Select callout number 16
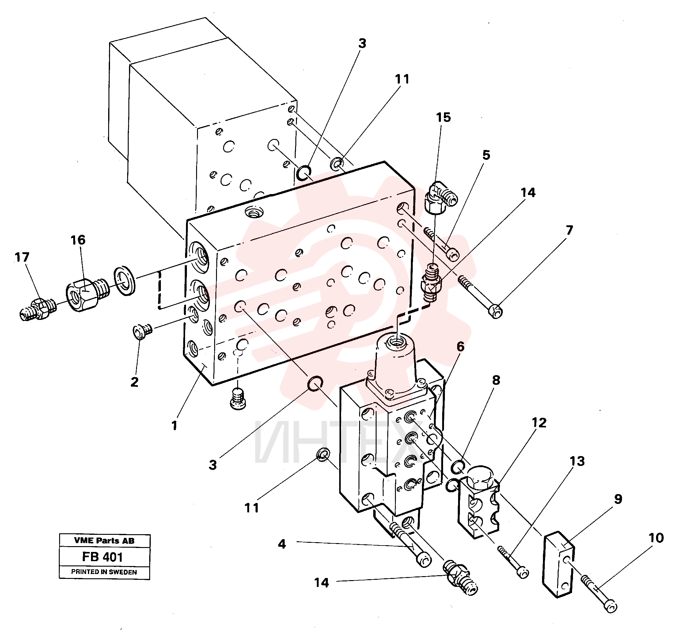[78, 240]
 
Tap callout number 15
[443, 117]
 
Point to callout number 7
[569, 230]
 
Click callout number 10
[656, 538]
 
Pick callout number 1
[174, 426]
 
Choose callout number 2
[134, 382]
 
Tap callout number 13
[577, 461]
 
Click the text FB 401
[102, 557]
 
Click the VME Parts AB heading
[104, 541]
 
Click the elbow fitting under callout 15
[440, 197]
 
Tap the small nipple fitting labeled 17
[38, 309]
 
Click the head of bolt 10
[610, 606]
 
